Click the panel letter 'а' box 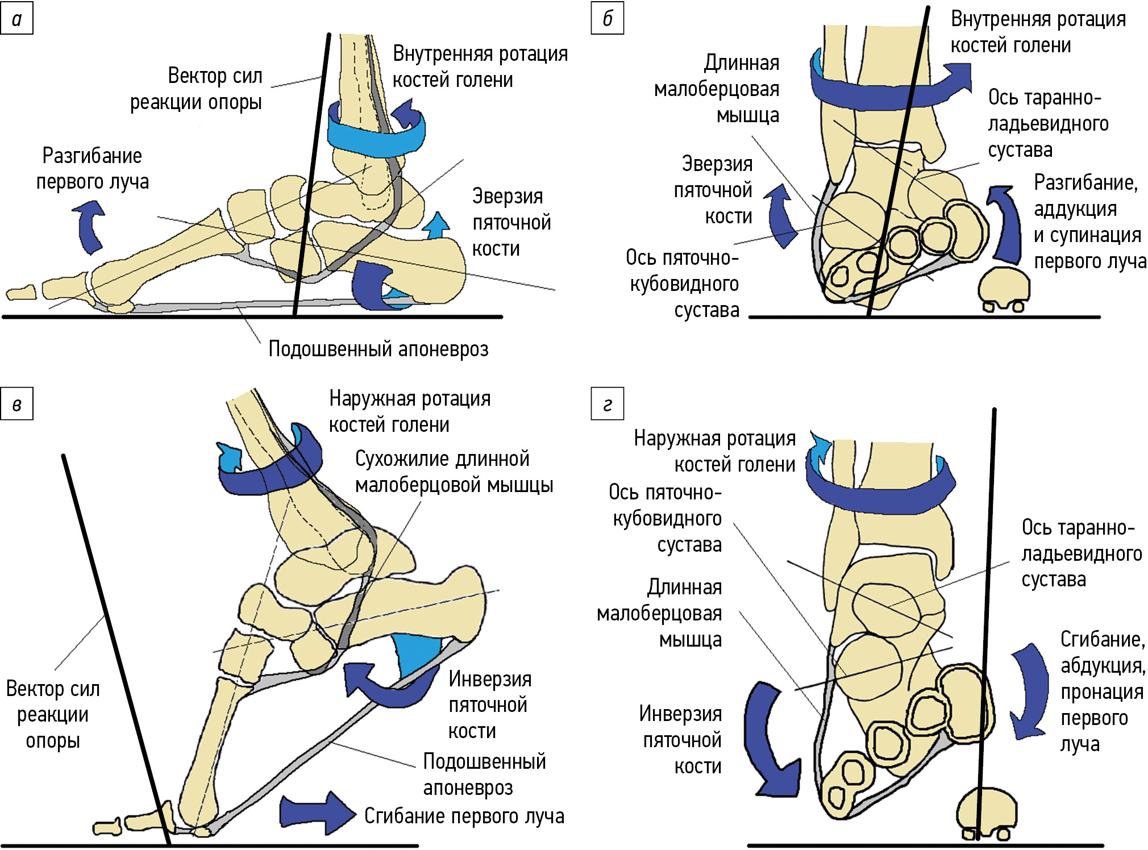point(16,19)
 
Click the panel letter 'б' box point(607,19)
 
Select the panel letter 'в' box point(16,404)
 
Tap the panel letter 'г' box point(607,404)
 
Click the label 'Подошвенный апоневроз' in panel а point(378,349)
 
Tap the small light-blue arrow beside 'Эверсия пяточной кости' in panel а point(436,226)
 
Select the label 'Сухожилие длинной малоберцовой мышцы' point(454,472)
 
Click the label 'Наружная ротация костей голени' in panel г point(715,452)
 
